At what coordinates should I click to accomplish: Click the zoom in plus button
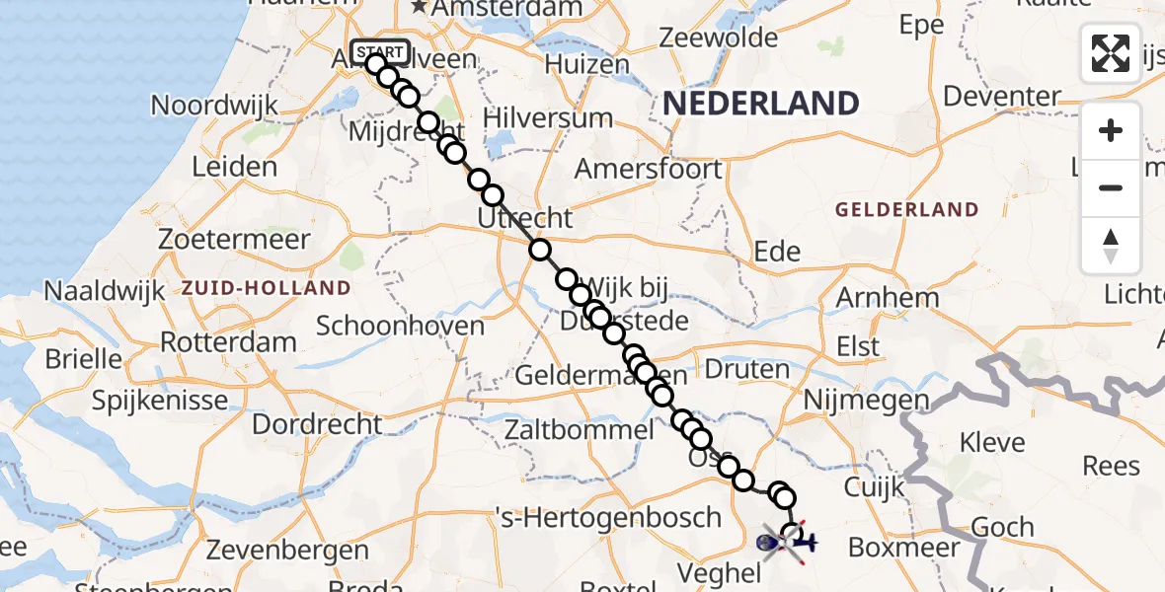[x=1111, y=130]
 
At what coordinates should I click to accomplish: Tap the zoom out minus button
[x=1111, y=187]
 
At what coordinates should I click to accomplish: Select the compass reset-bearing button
[x=1111, y=245]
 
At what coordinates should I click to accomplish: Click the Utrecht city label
[x=524, y=218]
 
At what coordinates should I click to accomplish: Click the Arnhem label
[x=888, y=298]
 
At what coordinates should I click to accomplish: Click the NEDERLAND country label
[x=759, y=103]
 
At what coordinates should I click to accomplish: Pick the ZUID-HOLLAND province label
[x=266, y=288]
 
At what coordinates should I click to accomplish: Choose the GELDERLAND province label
[x=906, y=209]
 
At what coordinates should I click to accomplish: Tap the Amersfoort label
[x=648, y=169]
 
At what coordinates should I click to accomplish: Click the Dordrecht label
[x=317, y=424]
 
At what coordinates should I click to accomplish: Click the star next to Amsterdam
[x=420, y=7]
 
